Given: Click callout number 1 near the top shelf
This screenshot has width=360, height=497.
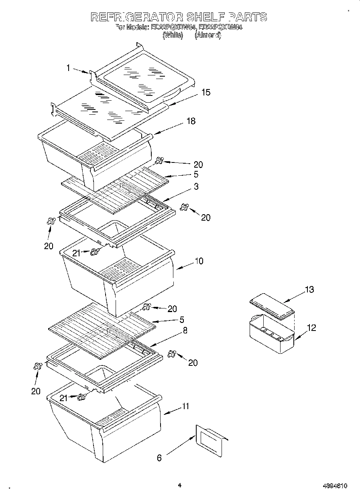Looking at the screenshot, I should pos(68,68).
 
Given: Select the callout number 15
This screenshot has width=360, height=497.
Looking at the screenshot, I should pos(205,93).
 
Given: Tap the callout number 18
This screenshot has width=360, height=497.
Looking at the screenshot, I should pos(191,121).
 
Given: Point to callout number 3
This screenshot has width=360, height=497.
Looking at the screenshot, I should pos(196,187).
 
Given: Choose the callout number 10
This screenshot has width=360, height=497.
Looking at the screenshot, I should pos(199,261).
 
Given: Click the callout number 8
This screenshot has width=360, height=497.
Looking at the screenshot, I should pos(185,331).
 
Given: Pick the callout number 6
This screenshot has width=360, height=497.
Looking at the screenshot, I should pos(159,458).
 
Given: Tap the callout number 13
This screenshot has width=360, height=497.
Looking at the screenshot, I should pos(309,290).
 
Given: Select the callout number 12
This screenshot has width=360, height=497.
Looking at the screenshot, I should pos(311,328).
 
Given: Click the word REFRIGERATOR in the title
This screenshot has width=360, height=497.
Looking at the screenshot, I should pos(137,17).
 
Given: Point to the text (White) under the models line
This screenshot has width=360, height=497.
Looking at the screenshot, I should pos(173,35).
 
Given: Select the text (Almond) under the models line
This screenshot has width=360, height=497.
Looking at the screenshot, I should pos(207,35).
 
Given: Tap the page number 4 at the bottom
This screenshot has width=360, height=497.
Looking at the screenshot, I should pos(180,485).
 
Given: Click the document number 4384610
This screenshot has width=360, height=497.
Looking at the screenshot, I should pos(334,486).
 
